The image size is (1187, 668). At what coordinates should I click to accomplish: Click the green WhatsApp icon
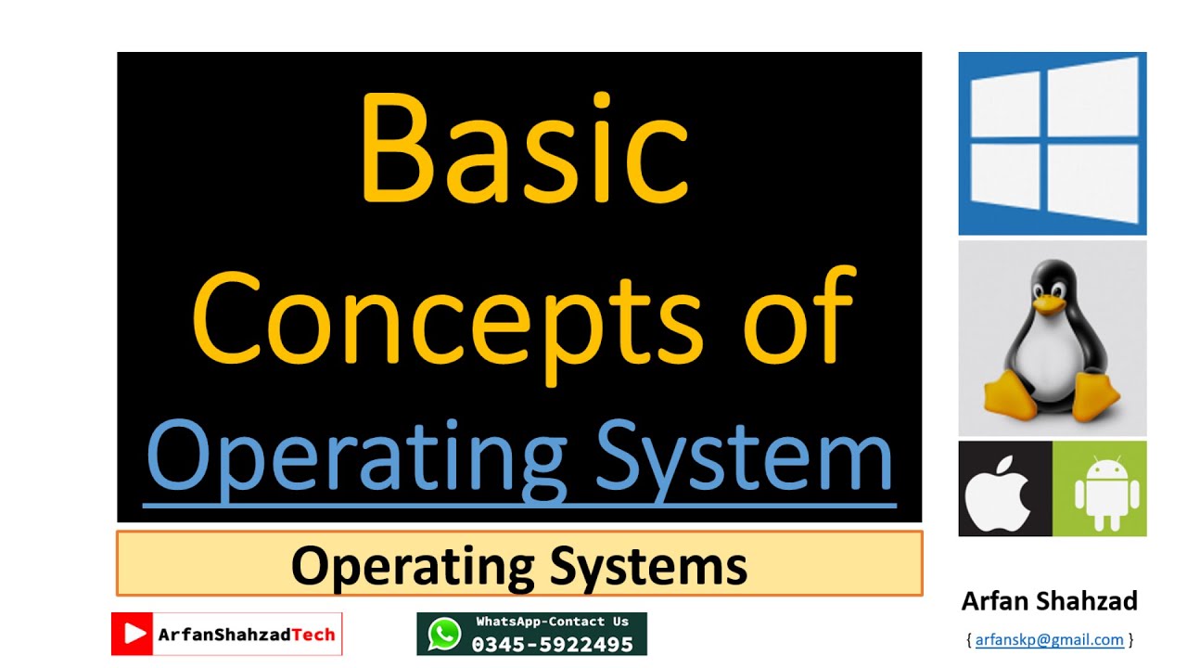[x=444, y=634]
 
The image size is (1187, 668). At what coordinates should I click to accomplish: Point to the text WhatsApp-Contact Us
[x=552, y=622]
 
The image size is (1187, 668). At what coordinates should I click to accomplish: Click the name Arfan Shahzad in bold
[x=1049, y=601]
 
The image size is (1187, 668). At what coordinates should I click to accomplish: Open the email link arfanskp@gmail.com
[x=1049, y=639]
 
